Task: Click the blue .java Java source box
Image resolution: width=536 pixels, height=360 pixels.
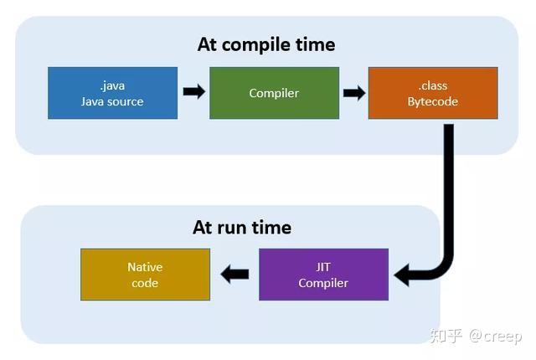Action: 112,93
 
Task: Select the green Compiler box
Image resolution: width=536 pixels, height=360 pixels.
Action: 274,93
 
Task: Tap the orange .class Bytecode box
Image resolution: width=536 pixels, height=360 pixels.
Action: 433,93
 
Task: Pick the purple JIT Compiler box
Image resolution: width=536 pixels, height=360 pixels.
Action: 323,274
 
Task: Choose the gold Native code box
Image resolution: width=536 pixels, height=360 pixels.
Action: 145,275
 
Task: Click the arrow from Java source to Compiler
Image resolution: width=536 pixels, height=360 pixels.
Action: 193,92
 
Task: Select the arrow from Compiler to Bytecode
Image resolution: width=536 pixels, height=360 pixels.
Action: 354,92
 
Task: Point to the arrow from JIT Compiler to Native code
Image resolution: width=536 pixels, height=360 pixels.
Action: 234,274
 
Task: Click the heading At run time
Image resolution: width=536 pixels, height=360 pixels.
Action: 242,227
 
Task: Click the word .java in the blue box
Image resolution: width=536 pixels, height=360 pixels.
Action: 112,85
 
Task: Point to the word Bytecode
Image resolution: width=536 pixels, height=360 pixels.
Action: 433,101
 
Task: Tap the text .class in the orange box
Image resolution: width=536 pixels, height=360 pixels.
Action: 433,85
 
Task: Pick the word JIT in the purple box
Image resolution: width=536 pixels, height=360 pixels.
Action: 323,266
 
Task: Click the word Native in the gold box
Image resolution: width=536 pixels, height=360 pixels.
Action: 145,267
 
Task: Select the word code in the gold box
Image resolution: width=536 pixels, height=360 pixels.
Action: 145,283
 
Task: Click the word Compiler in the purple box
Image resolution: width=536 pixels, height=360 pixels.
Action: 323,283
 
